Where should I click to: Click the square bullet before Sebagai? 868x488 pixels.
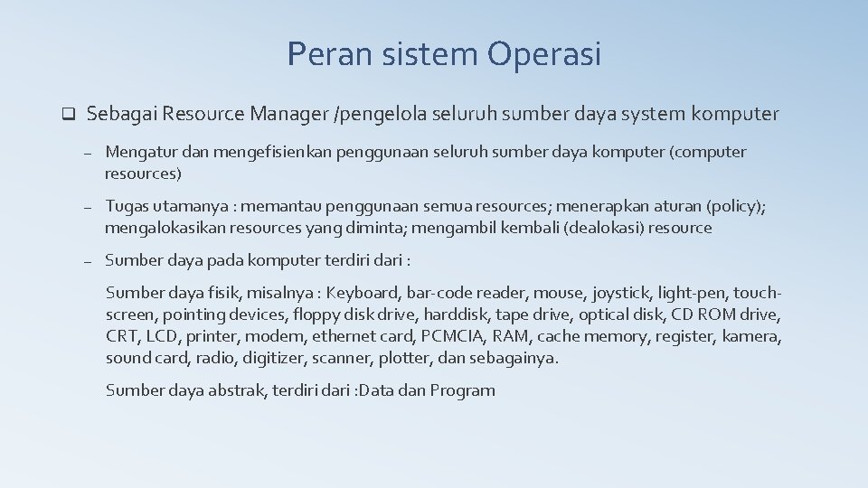[x=66, y=115]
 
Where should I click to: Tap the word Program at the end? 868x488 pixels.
[x=462, y=390]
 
